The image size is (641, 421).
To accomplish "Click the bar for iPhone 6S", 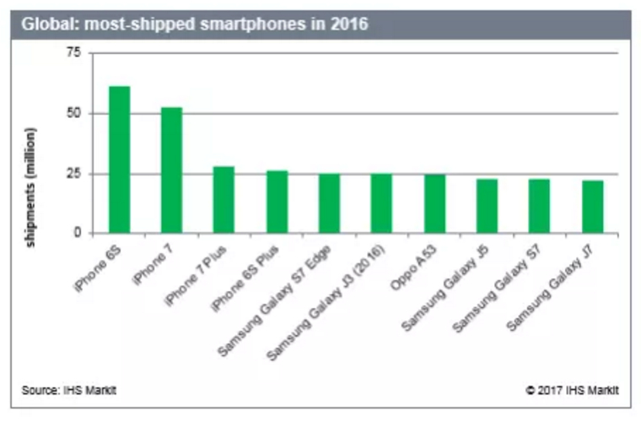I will click(119, 159).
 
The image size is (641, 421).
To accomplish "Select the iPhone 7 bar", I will click(171, 170).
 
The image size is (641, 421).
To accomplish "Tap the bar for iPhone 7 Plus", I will click(224, 200).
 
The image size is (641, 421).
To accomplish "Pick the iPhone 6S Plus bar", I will click(277, 202).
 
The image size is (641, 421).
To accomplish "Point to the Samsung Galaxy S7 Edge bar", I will click(329, 203).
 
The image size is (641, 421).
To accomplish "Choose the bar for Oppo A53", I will click(434, 204).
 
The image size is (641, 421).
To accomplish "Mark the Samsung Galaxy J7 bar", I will click(592, 207).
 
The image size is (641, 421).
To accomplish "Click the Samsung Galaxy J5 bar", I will click(487, 206).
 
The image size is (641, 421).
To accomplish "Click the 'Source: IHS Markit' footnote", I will click(69, 390).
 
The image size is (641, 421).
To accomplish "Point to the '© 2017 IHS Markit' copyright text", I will click(572, 390).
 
